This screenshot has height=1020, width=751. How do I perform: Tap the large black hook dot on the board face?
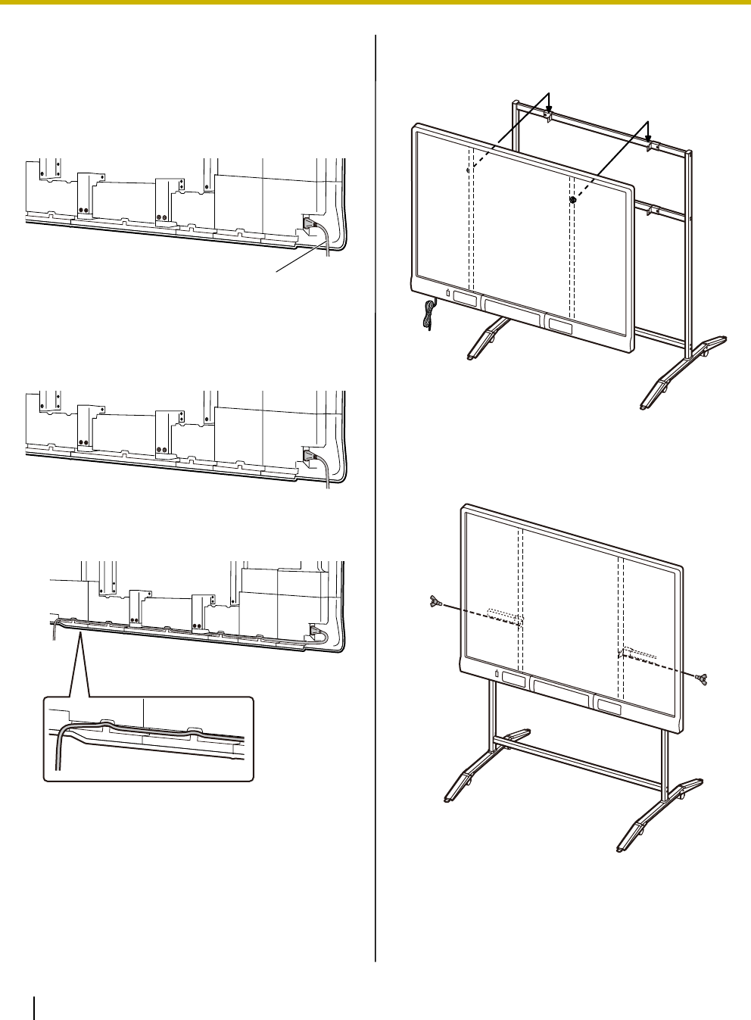click(573, 201)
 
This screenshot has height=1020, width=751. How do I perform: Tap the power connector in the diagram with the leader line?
click(310, 223)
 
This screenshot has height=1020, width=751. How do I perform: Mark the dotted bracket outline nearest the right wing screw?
click(637, 650)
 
